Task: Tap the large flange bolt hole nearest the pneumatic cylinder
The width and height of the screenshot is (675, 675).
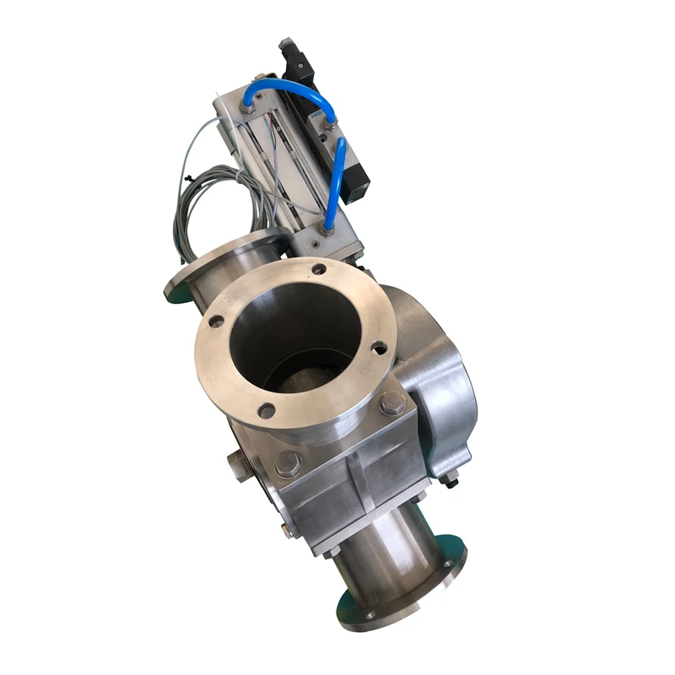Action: tap(318, 270)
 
